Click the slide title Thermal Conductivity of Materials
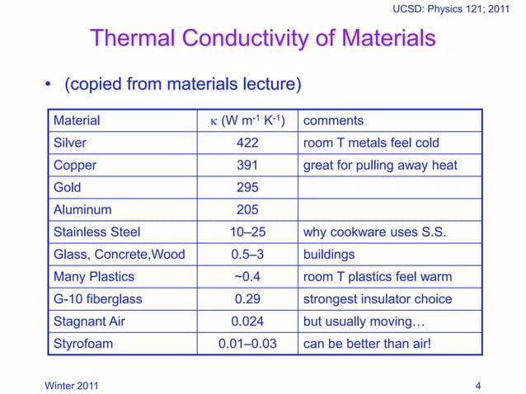262,39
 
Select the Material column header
77,120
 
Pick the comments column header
334,120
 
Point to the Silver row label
70,143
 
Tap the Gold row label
68,187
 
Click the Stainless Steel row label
96,232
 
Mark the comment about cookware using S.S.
375,232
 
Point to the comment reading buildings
329,254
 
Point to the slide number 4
478,384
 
